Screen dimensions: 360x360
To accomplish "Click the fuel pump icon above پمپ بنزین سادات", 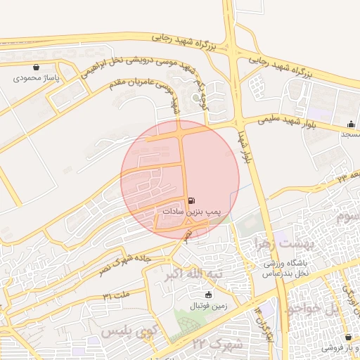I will (192, 200).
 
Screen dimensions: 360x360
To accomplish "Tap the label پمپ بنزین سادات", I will (192, 211).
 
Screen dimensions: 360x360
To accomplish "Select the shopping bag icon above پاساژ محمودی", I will (36, 67).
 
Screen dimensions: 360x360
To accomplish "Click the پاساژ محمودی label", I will (36, 78).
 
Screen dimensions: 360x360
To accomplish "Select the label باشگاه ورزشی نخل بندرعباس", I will (288, 268).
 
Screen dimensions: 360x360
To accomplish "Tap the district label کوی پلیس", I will (127, 330).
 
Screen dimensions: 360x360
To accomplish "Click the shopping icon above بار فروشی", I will (349, 337).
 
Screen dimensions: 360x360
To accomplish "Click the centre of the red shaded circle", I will (180, 179).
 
